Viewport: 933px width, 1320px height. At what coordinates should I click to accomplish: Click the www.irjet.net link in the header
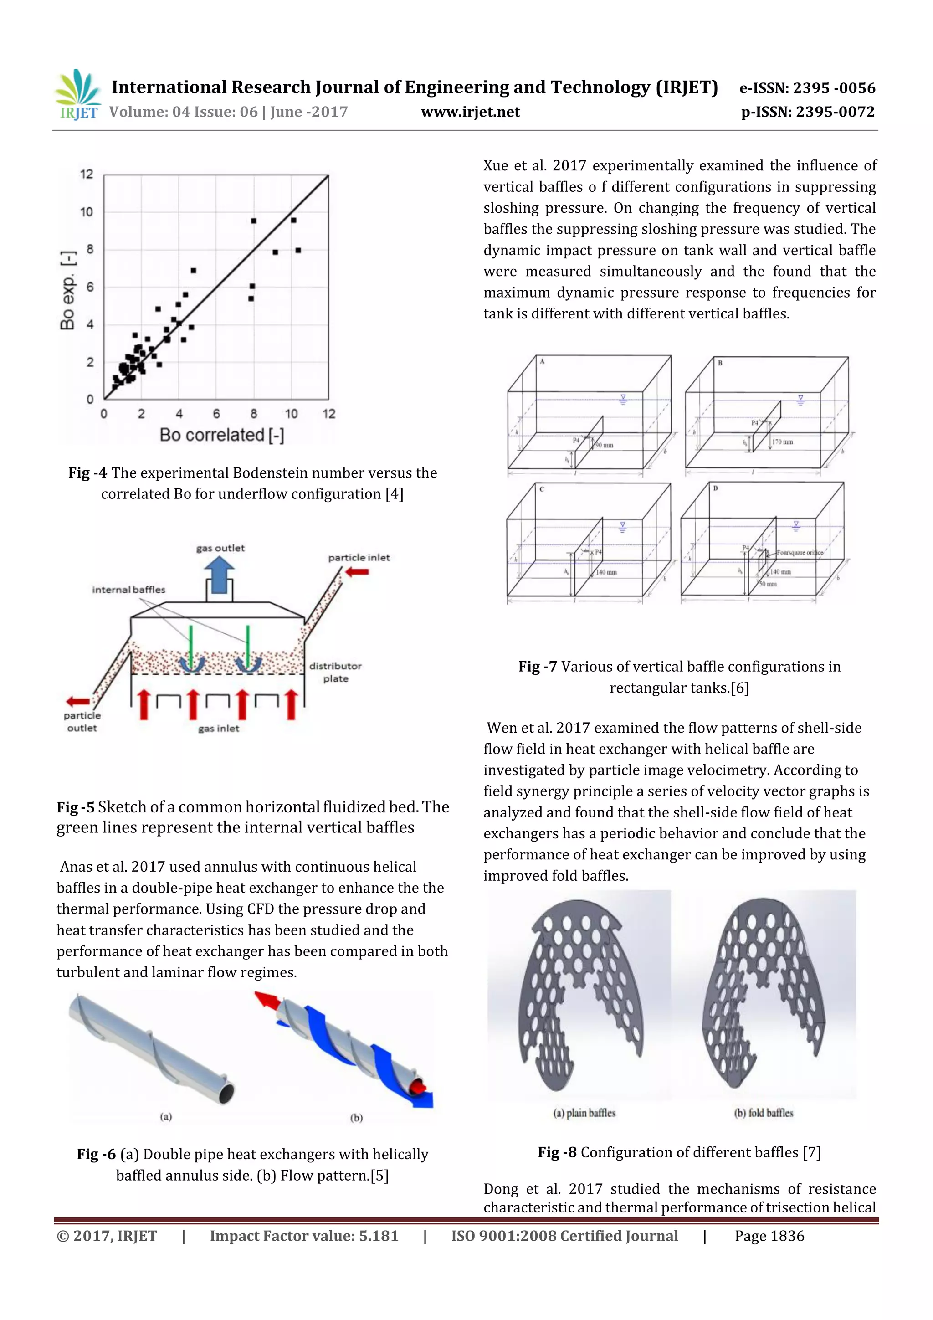pos(470,112)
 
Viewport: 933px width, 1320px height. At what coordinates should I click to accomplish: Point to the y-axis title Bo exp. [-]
pos(67,290)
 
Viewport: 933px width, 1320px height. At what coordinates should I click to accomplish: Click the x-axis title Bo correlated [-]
pos(222,435)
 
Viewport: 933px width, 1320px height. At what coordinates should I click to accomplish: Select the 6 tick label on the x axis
pos(217,414)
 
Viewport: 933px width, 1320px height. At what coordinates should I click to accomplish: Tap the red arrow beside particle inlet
pos(358,571)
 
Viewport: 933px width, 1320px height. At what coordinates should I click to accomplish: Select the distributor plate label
pos(335,672)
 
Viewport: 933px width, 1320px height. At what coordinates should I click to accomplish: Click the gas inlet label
pos(219,729)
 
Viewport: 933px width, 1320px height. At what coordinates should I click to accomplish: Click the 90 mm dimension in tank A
pos(604,445)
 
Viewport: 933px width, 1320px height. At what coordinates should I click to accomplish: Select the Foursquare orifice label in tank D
pos(800,553)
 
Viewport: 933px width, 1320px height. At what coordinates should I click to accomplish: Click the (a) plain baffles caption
pos(584,1113)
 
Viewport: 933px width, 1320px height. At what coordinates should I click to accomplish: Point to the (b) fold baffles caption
pos(764,1113)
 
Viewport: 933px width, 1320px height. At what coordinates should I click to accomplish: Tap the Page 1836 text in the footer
pos(769,1236)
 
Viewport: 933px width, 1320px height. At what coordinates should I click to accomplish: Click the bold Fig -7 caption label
pos(537,666)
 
